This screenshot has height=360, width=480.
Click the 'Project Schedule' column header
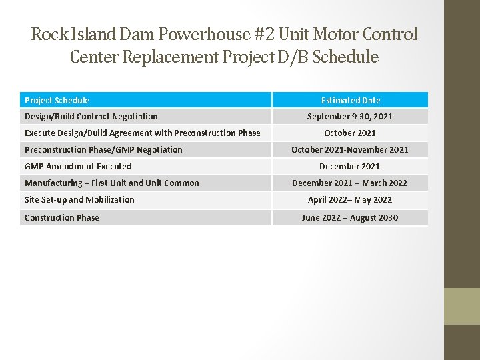[x=57, y=100]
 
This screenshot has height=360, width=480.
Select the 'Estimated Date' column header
[x=350, y=100]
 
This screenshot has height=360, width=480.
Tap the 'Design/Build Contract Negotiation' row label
[x=91, y=116]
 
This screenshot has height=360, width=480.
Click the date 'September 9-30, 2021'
[x=350, y=116]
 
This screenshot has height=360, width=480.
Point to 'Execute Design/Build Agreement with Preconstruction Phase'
[x=143, y=133]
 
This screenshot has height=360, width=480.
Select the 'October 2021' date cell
[x=350, y=133]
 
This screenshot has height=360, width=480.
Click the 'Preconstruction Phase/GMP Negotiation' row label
[x=103, y=149]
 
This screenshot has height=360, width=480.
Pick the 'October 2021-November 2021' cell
[x=350, y=149]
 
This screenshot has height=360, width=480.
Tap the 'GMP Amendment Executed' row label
[x=78, y=166]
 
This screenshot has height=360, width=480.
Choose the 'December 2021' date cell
[x=350, y=166]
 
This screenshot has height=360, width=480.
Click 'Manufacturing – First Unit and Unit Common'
[x=112, y=183]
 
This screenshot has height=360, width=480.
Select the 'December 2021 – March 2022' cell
[x=350, y=183]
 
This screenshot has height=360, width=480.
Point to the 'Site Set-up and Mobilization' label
[x=79, y=199]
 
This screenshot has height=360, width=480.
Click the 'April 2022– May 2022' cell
[x=350, y=199]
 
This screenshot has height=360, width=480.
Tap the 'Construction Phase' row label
[x=62, y=217]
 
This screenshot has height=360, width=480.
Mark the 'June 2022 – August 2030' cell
[x=350, y=217]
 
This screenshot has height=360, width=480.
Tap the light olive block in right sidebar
[x=462, y=306]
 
